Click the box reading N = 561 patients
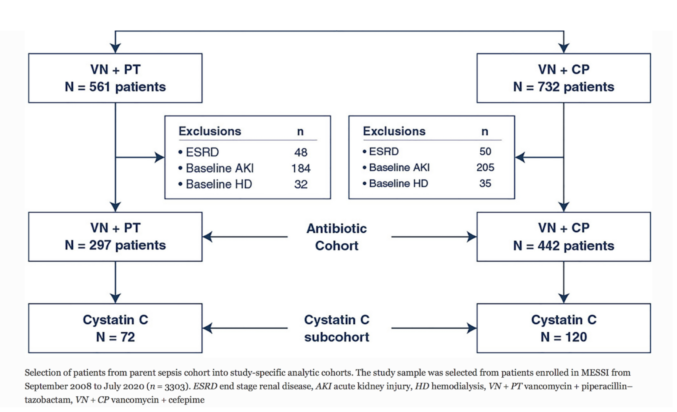[115, 78]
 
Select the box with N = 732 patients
[564, 78]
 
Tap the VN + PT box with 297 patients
[115, 237]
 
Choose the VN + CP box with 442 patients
[564, 237]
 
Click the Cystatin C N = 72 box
[115, 328]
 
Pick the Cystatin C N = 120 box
[564, 328]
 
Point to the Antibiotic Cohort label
[336, 237]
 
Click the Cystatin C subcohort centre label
[336, 328]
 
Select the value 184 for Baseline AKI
[301, 168]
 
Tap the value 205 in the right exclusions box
[485, 167]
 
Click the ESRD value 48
[301, 152]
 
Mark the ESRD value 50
[485, 151]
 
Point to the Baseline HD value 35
[485, 183]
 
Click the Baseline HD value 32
[301, 184]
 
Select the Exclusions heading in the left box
[210, 131]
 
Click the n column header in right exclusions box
[485, 131]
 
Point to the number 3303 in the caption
[174, 386]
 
